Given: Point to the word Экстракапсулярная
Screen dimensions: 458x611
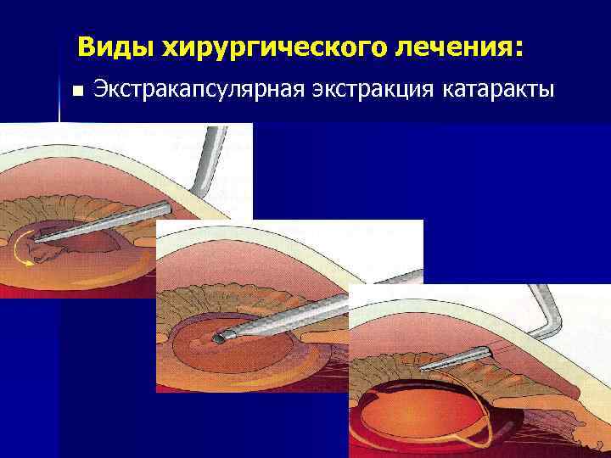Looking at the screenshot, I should [x=193, y=88].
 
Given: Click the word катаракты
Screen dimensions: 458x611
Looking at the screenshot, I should [x=497, y=88].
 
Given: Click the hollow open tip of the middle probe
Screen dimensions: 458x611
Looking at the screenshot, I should [x=219, y=338].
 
